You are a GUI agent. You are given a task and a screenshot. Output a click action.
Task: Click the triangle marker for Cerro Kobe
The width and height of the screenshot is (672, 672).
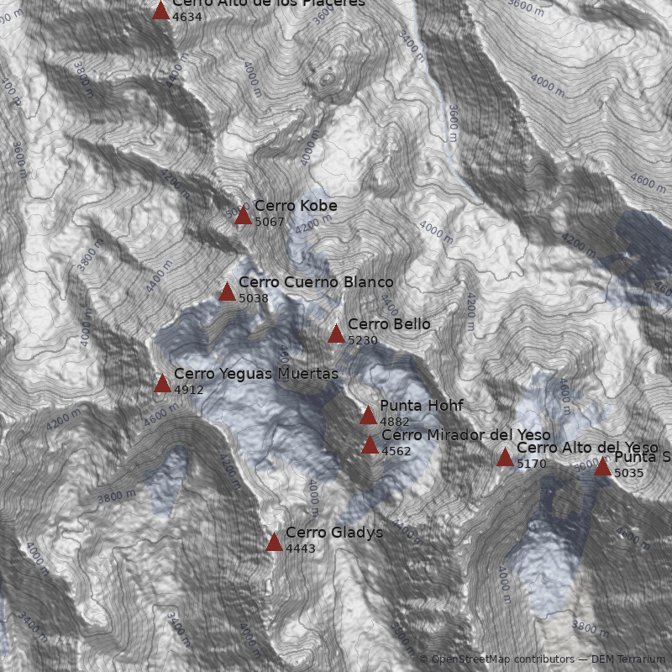coord(243,216)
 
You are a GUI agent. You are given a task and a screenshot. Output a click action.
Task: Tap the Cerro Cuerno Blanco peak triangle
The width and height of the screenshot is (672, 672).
coord(227,292)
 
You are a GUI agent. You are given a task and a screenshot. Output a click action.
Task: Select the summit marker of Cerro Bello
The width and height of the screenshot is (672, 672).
coord(336,334)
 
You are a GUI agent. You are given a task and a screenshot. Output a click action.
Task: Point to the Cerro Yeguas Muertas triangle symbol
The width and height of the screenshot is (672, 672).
coord(162,384)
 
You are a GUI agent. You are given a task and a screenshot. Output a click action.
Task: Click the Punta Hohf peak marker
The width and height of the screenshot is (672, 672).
coord(368,416)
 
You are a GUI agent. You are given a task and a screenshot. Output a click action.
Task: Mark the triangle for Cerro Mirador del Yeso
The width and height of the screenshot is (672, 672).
coord(370,445)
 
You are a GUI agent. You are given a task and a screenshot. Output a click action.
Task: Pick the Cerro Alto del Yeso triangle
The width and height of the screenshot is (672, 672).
coord(505,458)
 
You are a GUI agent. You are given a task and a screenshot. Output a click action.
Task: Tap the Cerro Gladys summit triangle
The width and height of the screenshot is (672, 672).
coord(274,543)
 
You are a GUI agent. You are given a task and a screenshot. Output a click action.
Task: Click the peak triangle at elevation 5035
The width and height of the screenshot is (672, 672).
coord(602,467)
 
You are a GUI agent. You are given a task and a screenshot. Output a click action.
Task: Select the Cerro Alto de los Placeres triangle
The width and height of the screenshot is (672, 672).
coord(160,11)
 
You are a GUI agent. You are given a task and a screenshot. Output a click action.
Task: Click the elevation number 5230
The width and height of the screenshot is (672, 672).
coord(362,341)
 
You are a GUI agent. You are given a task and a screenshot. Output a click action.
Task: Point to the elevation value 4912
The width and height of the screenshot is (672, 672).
coord(188,390)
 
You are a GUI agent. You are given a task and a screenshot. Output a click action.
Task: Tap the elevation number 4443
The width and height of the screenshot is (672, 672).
coord(300,549)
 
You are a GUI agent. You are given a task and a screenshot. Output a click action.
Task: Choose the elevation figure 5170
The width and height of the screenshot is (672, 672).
coord(531,464)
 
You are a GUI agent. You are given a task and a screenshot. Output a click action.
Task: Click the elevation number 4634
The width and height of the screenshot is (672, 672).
coord(186,17)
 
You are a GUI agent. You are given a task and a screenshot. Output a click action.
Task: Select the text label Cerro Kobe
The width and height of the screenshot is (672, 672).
coord(296,206)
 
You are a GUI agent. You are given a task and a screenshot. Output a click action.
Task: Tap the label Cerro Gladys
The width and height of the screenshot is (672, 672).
coord(333,533)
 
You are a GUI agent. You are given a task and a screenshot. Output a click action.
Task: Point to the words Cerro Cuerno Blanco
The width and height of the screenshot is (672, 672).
coord(315,282)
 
